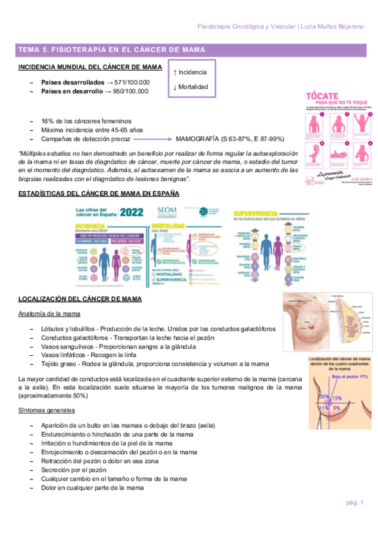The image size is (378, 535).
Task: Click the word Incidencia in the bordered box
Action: coord(192,73)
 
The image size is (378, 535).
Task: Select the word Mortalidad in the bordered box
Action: coord(193,86)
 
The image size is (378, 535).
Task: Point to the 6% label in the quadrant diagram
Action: coord(337,408)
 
